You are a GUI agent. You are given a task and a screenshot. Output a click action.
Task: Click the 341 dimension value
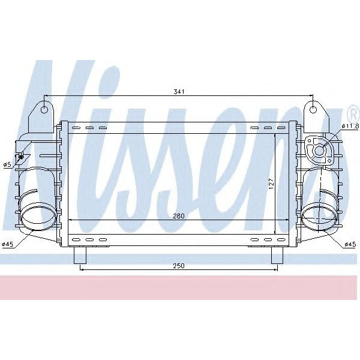click(179, 92)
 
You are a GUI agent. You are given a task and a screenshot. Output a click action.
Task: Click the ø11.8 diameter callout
click(350, 126)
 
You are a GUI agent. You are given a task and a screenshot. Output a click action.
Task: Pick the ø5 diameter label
click(7, 164)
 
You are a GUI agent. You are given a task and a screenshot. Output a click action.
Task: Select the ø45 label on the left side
click(8, 244)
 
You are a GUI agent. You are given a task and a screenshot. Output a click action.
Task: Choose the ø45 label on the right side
click(350, 244)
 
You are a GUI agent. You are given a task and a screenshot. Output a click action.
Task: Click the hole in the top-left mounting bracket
click(45, 109)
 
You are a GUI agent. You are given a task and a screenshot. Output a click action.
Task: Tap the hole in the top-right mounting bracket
click(313, 109)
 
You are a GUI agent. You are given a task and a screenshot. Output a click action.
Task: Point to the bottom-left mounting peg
click(80, 256)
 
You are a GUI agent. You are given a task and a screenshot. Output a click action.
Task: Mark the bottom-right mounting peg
click(277, 256)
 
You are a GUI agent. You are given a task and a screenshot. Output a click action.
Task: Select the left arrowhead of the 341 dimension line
click(47, 96)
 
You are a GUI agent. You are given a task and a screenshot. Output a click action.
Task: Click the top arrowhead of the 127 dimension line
click(275, 136)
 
